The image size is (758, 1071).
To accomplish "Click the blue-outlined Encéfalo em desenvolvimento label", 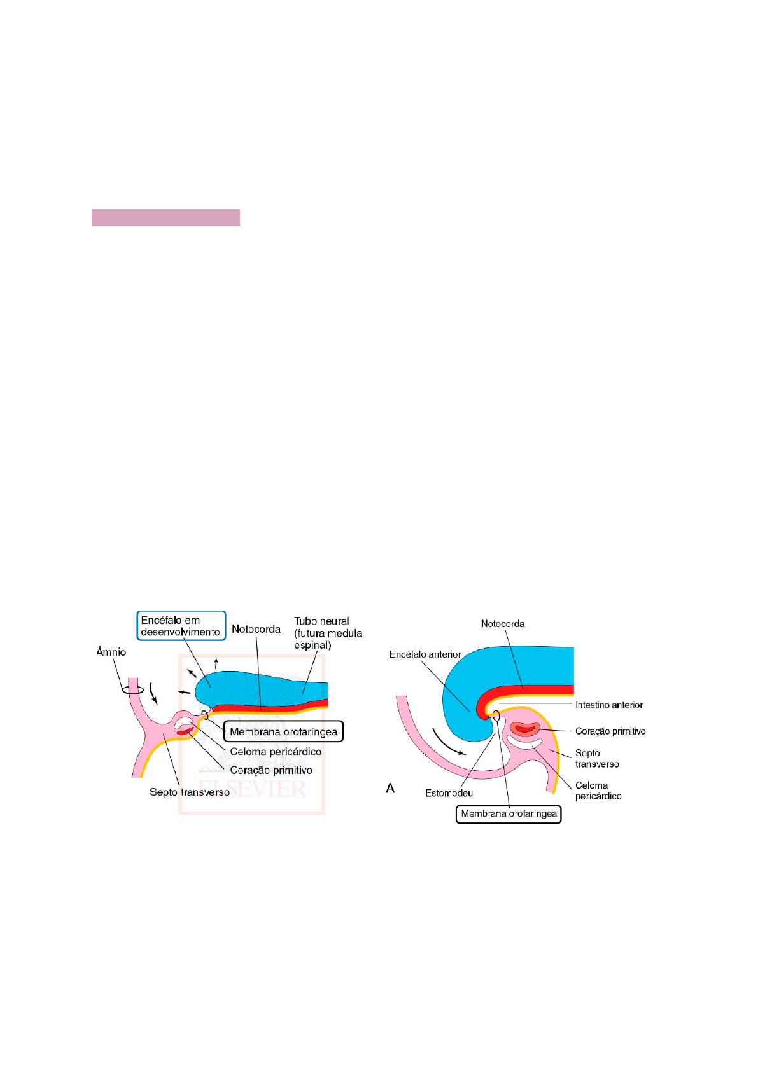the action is click(x=181, y=625).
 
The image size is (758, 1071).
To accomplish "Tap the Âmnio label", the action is click(x=111, y=652).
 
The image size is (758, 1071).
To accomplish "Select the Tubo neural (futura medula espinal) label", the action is click(x=328, y=633).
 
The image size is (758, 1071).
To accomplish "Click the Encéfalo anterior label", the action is click(x=425, y=654).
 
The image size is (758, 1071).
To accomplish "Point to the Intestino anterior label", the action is click(x=608, y=705).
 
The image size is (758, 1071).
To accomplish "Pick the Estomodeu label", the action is click(x=449, y=793).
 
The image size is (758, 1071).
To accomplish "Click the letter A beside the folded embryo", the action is click(x=390, y=789).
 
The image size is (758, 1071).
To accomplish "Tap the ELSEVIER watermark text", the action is click(x=251, y=789).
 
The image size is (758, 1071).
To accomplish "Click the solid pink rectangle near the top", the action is click(x=165, y=218).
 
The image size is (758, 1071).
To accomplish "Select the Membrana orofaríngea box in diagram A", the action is click(x=509, y=814).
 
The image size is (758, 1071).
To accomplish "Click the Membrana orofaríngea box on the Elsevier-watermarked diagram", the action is click(x=283, y=731).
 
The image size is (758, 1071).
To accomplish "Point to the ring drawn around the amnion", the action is click(x=132, y=691).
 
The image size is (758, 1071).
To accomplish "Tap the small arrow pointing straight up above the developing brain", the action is click(x=216, y=663).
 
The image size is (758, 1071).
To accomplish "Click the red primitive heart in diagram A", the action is click(x=526, y=729).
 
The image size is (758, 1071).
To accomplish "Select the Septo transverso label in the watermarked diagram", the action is click(x=190, y=792).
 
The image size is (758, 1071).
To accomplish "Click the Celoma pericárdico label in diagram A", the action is click(x=598, y=791).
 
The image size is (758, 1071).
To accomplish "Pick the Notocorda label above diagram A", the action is click(x=502, y=624).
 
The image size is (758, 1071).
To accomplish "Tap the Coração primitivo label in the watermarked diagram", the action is click(x=271, y=770).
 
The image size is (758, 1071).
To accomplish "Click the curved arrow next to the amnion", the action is click(x=153, y=693).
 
